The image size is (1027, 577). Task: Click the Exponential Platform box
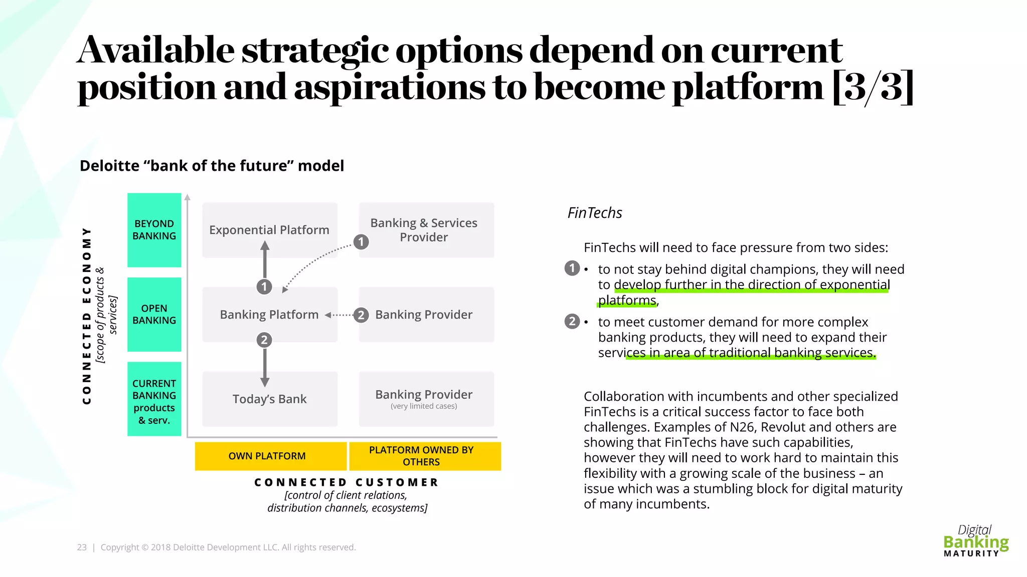click(x=269, y=230)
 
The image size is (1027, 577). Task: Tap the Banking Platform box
click(x=269, y=315)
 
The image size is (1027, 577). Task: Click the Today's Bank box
click(x=269, y=399)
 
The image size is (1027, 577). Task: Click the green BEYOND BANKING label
click(x=154, y=230)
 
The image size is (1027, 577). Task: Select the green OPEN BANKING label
click(x=154, y=315)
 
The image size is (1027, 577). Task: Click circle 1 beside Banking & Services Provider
click(x=361, y=242)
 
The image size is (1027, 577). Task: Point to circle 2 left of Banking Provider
click(x=361, y=315)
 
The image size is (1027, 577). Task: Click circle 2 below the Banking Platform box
click(x=264, y=340)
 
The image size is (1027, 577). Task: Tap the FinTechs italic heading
click(x=594, y=213)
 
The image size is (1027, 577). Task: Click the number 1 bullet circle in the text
click(x=572, y=268)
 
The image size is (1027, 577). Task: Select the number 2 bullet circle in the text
click(x=572, y=321)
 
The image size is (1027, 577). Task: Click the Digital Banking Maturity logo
click(x=975, y=541)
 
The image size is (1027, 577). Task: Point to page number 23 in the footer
click(x=82, y=547)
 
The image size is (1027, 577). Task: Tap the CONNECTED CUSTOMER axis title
click(x=347, y=482)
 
